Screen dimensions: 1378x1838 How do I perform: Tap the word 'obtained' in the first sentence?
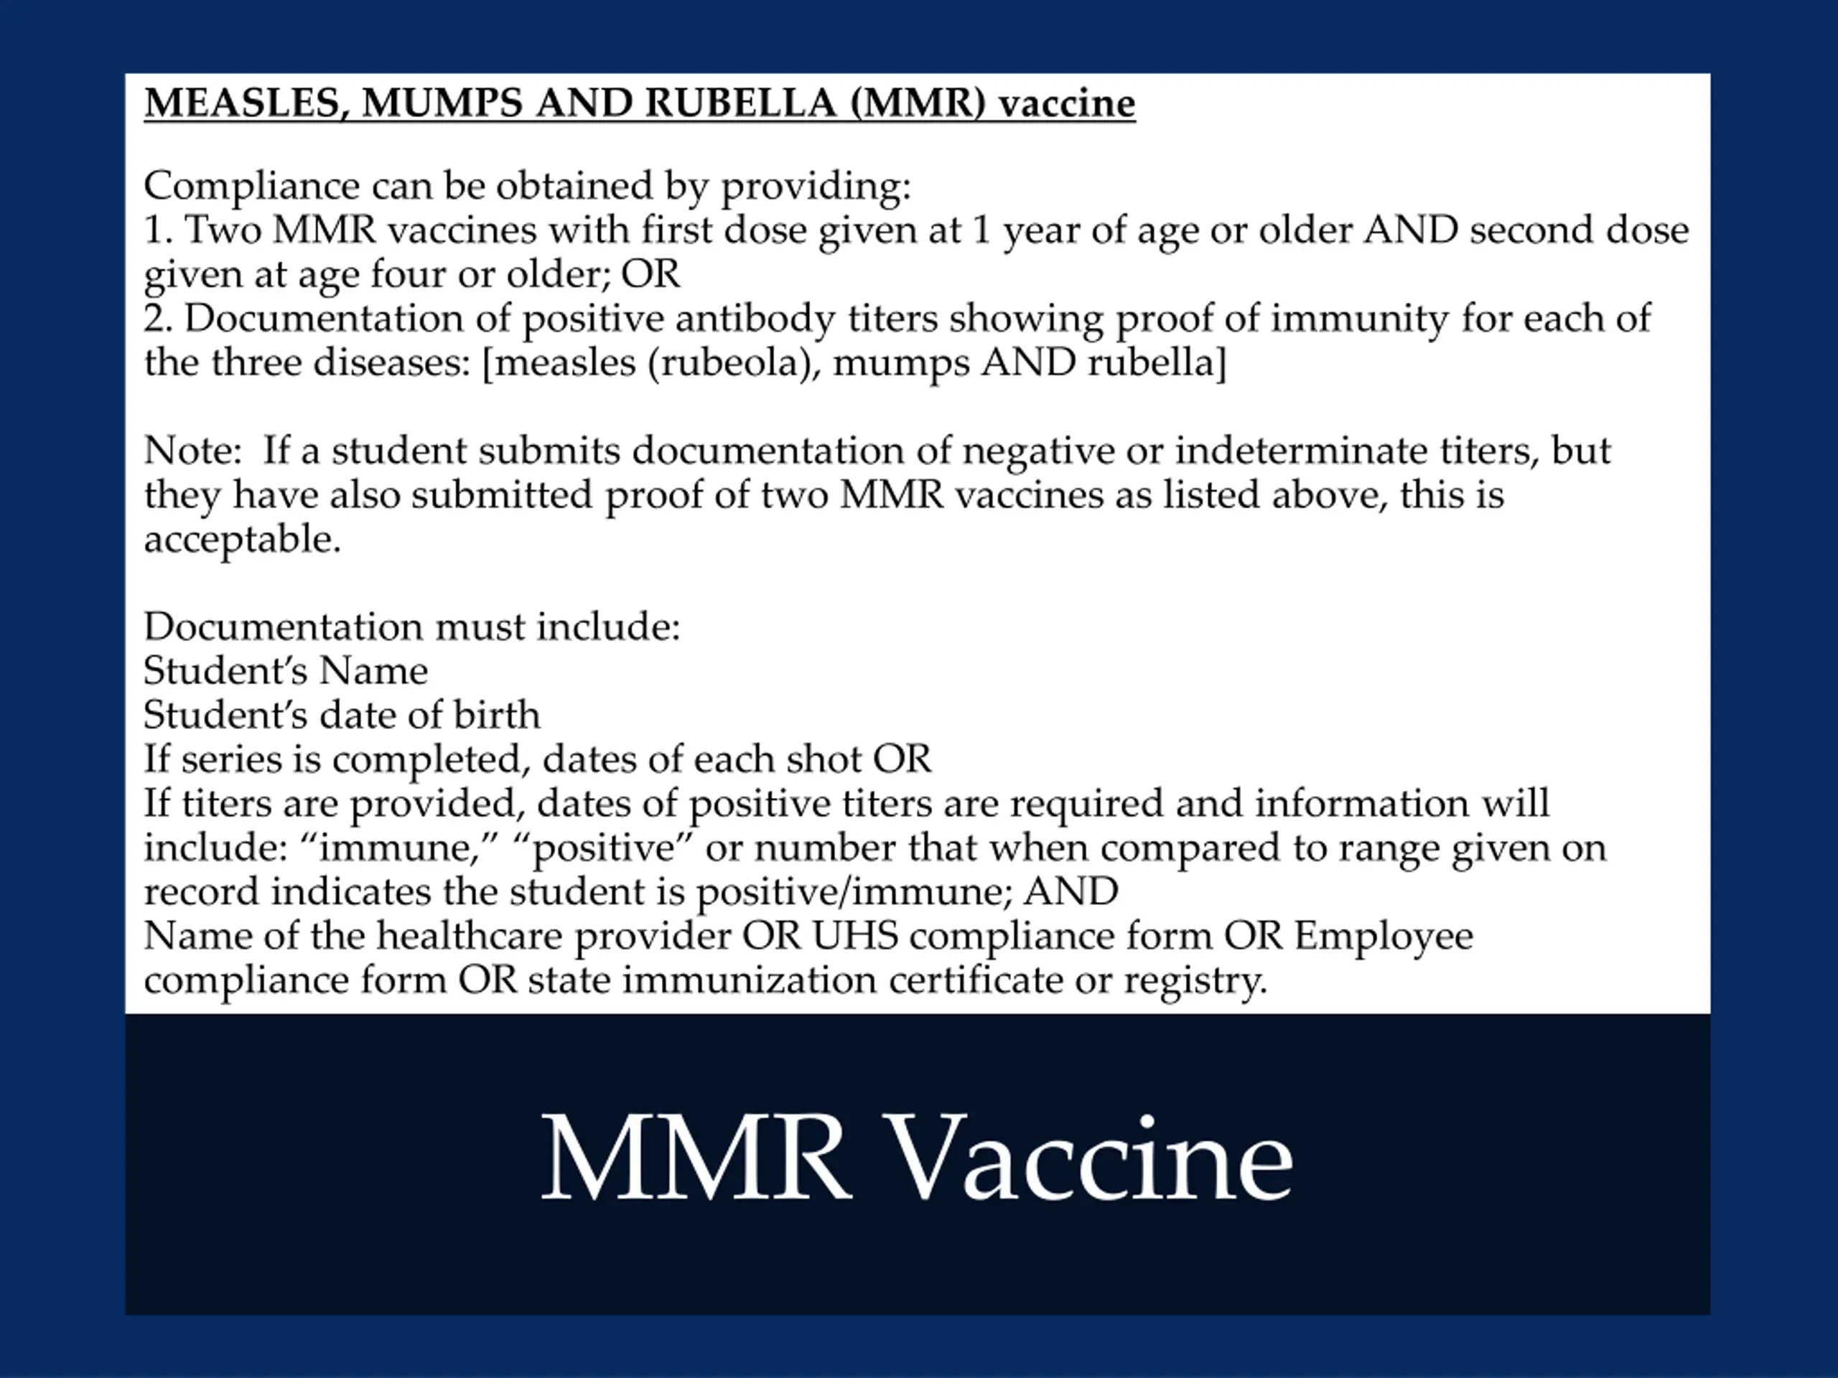click(x=574, y=185)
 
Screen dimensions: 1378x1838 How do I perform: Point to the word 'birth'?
click(x=496, y=715)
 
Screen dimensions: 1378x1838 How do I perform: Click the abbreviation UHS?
click(x=855, y=936)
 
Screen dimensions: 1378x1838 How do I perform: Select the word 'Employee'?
click(x=1384, y=936)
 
